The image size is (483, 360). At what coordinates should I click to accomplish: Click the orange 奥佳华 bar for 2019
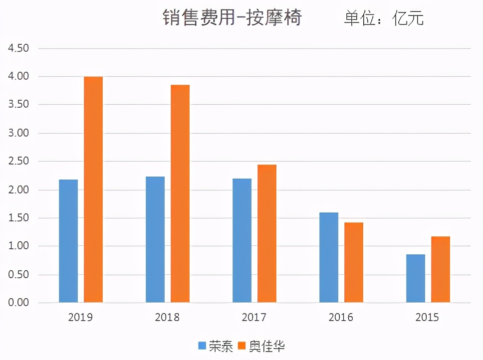pyautogui.click(x=93, y=189)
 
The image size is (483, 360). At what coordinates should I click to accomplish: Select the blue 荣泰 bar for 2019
pyautogui.click(x=68, y=241)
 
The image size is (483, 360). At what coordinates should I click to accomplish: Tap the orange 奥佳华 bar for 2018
pyautogui.click(x=180, y=193)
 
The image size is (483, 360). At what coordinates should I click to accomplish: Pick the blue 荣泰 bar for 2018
pyautogui.click(x=155, y=239)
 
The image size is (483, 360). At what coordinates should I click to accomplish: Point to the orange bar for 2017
pyautogui.click(x=267, y=233)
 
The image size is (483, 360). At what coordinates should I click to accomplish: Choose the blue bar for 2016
pyautogui.click(x=329, y=257)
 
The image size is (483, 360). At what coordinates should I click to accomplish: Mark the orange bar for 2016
pyautogui.click(x=354, y=262)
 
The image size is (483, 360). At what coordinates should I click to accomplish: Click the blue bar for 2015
pyautogui.click(x=416, y=278)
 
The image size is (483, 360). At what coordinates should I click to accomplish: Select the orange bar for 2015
pyautogui.click(x=441, y=269)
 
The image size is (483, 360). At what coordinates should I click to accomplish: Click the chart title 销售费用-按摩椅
pyautogui.click(x=232, y=18)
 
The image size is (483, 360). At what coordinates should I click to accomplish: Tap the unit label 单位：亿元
pyautogui.click(x=384, y=18)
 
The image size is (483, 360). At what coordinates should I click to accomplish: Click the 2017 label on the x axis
pyautogui.click(x=254, y=318)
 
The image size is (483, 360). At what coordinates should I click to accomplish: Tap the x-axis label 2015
pyautogui.click(x=428, y=318)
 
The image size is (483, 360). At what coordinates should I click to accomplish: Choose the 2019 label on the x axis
pyautogui.click(x=81, y=318)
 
